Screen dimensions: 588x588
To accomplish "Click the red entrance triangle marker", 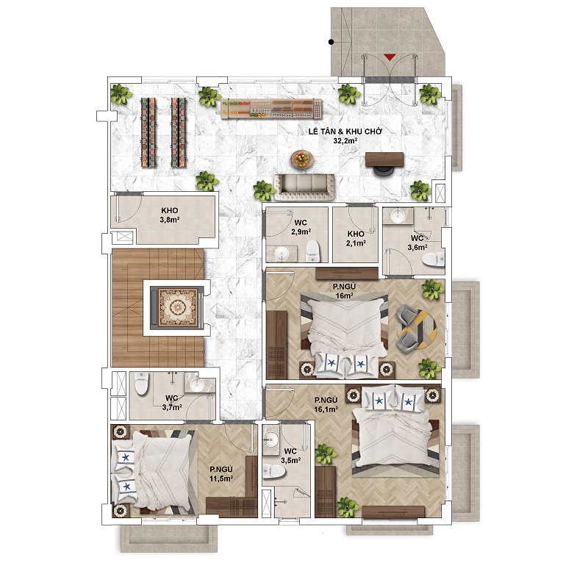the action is click(390, 57).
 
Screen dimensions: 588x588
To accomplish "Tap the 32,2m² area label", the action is click(345, 141).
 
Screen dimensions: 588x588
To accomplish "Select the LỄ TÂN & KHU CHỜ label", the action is click(345, 132).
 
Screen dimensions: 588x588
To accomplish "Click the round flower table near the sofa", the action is click(302, 159).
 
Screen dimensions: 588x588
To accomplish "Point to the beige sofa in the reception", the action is click(304, 187).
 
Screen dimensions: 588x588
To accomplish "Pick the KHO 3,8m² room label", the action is click(170, 215).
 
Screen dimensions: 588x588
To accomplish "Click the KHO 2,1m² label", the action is click(356, 238).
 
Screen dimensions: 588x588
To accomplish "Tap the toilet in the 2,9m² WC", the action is click(312, 251).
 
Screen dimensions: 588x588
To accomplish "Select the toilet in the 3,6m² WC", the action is click(433, 259).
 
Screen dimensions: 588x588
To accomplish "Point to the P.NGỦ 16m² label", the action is click(344, 291).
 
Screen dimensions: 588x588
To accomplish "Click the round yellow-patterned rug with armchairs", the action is click(416, 329).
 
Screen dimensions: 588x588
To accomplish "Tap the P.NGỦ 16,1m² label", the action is click(326, 405).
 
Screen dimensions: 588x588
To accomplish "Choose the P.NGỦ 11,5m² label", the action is click(221, 473).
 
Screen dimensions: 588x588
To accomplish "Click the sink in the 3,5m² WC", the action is click(270, 437).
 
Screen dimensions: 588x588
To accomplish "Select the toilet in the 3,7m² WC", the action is click(141, 383).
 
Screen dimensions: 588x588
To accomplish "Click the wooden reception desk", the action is click(384, 159).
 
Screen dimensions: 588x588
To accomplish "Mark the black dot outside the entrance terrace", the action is click(331, 42).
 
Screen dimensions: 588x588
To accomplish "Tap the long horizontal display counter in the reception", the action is click(271, 109).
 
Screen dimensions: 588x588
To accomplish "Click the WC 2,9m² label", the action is click(301, 227).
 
